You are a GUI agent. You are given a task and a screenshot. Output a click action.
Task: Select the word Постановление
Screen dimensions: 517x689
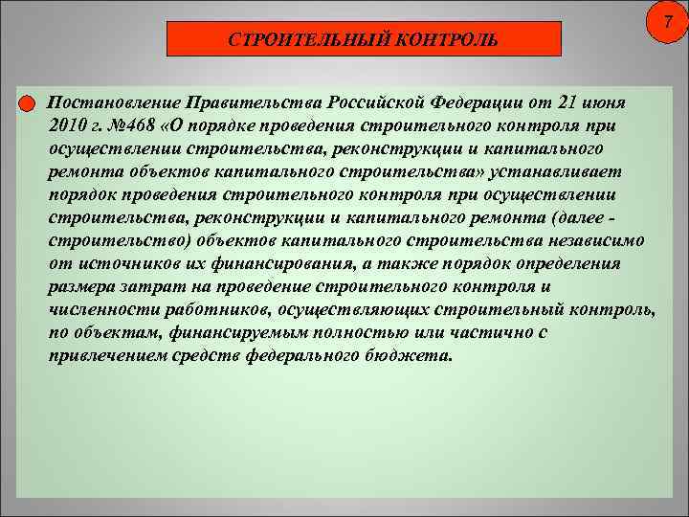(115, 102)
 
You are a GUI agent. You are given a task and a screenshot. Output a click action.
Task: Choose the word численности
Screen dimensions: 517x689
(94, 309)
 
